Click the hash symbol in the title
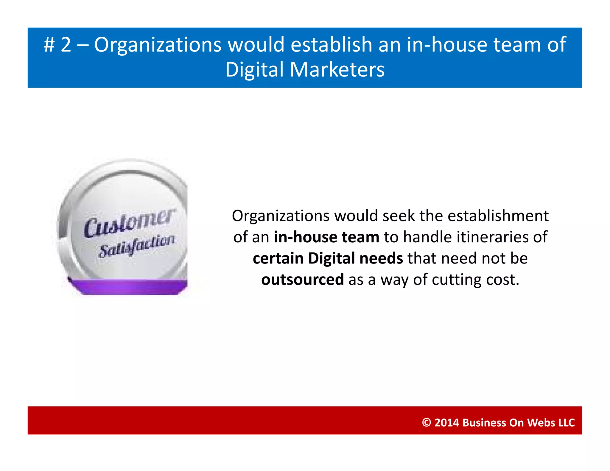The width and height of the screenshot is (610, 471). click(49, 45)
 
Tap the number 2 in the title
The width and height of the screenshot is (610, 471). click(66, 45)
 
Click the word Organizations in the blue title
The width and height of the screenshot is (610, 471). click(158, 45)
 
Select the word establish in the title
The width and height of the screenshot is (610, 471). click(331, 45)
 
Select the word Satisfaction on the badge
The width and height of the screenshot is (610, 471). click(136, 246)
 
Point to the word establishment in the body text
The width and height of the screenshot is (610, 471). click(498, 216)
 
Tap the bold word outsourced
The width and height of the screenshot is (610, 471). click(302, 280)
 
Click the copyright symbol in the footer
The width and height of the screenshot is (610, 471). click(426, 423)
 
